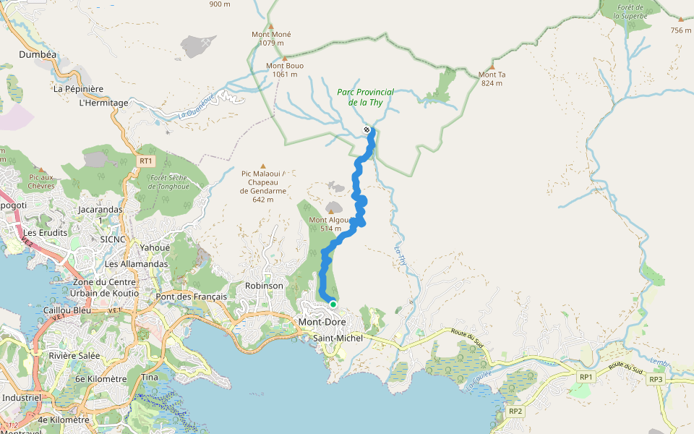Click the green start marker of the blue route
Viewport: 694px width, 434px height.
click(x=333, y=305)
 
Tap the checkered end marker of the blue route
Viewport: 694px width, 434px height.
click(x=367, y=130)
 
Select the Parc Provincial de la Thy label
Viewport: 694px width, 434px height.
click(x=366, y=97)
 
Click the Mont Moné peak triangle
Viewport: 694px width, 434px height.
click(x=271, y=26)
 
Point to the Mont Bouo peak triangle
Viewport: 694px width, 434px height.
click(x=285, y=58)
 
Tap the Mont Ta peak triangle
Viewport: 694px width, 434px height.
click(x=492, y=67)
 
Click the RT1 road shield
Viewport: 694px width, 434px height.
click(x=146, y=161)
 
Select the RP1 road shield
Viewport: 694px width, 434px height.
click(x=586, y=377)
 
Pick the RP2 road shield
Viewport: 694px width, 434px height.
click(x=515, y=412)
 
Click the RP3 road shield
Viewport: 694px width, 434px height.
click(x=656, y=380)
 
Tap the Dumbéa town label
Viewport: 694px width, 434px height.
click(x=38, y=54)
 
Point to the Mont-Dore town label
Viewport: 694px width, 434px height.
click(x=322, y=322)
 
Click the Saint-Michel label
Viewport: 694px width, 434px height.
click(x=338, y=337)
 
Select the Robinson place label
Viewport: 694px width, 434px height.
click(x=264, y=286)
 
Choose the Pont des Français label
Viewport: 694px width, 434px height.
click(x=192, y=297)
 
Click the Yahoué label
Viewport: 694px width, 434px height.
click(x=155, y=247)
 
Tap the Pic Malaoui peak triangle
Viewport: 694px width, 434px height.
click(x=263, y=166)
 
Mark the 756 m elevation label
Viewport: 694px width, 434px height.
click(x=681, y=30)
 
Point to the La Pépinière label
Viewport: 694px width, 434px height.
click(x=79, y=89)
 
